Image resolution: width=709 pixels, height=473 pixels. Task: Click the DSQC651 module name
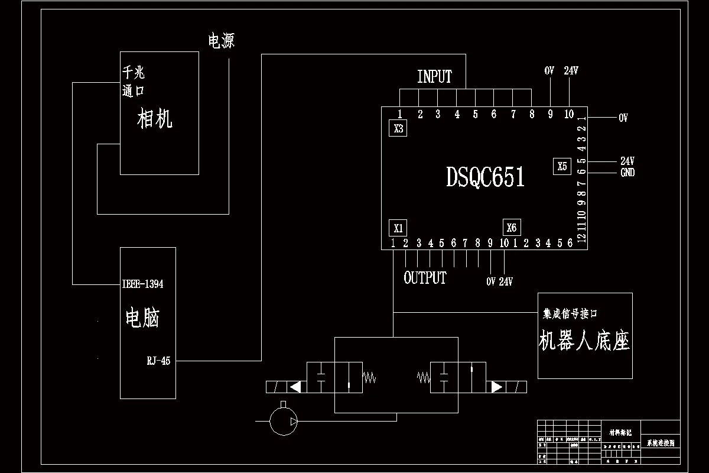(x=485, y=177)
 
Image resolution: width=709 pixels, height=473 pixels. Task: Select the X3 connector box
(x=398, y=128)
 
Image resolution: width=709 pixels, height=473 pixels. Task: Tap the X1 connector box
(x=398, y=228)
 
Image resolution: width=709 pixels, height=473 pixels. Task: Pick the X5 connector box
(x=562, y=167)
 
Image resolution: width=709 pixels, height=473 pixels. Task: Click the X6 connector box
(x=511, y=228)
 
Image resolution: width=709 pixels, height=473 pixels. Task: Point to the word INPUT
(x=434, y=77)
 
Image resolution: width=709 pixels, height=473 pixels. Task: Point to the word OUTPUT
(x=425, y=278)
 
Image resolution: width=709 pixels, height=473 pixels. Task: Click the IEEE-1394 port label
(x=142, y=284)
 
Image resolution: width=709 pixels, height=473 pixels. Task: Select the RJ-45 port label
(x=158, y=361)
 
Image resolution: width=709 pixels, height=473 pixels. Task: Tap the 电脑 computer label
(x=142, y=318)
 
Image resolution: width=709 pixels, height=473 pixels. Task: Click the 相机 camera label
(x=155, y=119)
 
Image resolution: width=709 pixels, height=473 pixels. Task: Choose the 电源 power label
(x=221, y=41)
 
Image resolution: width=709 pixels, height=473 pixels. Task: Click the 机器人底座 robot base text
(x=584, y=341)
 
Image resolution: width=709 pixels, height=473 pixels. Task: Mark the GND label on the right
(x=627, y=173)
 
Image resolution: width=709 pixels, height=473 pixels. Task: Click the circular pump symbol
(x=283, y=420)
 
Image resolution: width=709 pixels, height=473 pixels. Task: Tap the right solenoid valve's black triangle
(x=496, y=387)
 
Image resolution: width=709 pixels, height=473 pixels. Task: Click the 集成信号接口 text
(x=574, y=313)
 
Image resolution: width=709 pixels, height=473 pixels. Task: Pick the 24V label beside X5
(x=627, y=161)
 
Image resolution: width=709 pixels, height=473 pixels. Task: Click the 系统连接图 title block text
(x=660, y=442)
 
